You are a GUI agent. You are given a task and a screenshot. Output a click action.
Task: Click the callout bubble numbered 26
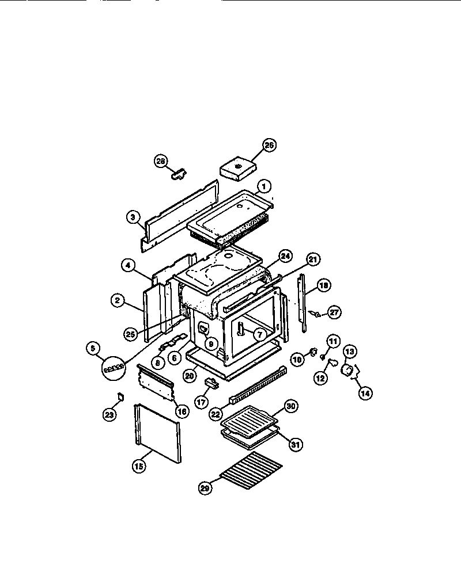[269, 145]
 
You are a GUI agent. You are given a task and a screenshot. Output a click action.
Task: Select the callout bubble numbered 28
[160, 161]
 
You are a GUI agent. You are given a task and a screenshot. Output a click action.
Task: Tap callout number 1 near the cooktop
[263, 186]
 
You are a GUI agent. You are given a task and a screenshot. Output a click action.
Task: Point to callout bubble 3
[133, 217]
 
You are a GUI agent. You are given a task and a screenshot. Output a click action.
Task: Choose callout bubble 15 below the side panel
[138, 466]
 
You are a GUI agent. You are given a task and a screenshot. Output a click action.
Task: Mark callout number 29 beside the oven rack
[205, 488]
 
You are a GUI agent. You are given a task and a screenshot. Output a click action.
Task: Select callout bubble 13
[350, 350]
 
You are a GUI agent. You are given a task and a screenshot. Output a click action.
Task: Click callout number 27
[335, 312]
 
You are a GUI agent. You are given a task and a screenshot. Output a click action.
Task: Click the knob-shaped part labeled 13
[347, 369]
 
